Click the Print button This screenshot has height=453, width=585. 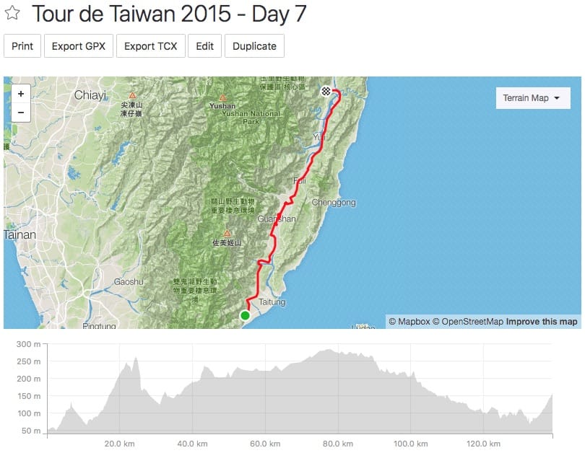[22, 46]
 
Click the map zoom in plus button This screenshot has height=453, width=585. [21, 94]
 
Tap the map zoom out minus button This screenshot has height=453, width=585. [21, 112]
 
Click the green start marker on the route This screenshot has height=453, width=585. [245, 315]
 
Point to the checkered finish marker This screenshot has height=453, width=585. [326, 92]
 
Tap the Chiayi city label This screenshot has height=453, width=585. [90, 95]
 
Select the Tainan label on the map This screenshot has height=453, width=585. [20, 234]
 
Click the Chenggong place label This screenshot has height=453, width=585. [334, 203]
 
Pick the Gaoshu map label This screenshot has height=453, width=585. [129, 281]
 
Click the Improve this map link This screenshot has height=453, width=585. [542, 322]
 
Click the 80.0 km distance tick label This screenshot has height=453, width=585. [338, 444]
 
